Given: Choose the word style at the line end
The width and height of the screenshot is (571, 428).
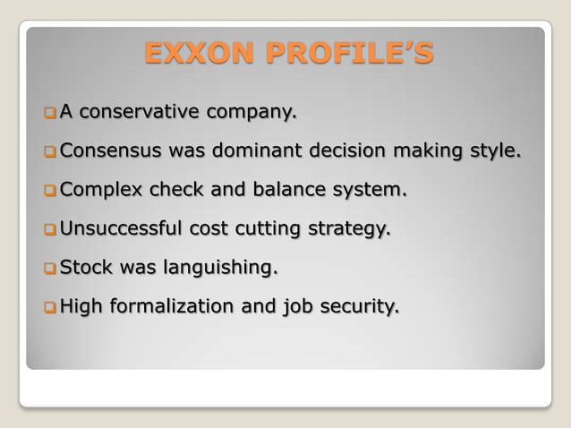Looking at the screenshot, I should tap(494, 151).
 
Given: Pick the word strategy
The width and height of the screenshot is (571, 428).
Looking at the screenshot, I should tap(349, 229).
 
